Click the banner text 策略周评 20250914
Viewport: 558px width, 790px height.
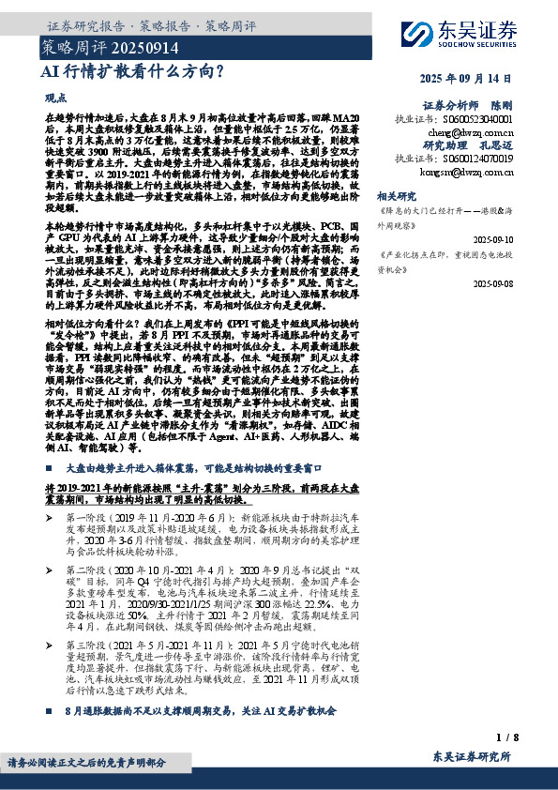click(x=83, y=44)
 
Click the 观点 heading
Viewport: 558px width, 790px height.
click(x=55, y=97)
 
